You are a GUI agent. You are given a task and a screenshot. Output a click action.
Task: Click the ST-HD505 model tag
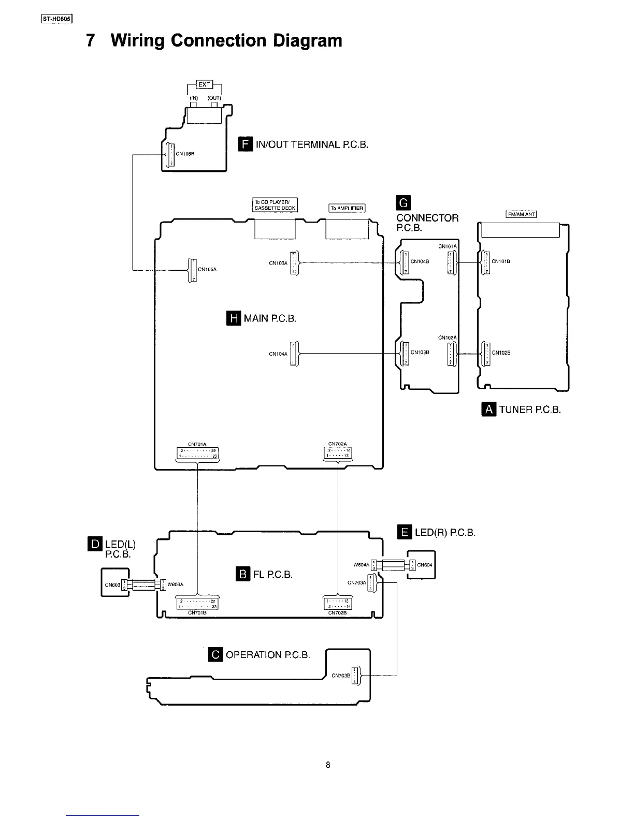tap(57, 21)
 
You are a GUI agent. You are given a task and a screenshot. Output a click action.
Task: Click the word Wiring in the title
tap(137, 40)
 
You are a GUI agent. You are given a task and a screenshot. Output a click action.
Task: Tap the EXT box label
tap(205, 85)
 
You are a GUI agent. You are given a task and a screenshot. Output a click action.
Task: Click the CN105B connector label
tap(185, 154)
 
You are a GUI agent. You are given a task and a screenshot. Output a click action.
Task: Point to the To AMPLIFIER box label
tap(347, 208)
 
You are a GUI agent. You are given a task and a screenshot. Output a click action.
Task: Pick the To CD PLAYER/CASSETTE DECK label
tap(275, 205)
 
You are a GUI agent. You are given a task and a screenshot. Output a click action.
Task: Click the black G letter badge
tap(402, 202)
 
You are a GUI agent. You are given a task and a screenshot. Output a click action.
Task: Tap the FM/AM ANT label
tap(521, 214)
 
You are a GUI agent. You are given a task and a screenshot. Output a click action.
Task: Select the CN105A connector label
tap(207, 269)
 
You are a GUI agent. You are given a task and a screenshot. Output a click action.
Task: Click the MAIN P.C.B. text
tap(270, 318)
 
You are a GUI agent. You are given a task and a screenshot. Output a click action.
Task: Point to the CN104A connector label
tap(278, 354)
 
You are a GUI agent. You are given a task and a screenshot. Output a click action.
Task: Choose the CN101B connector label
tap(501, 261)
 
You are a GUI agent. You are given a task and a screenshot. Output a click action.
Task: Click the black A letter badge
tap(488, 409)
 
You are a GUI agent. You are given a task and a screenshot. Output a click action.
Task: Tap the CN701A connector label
tap(197, 444)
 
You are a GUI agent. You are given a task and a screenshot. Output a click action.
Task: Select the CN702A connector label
tap(338, 444)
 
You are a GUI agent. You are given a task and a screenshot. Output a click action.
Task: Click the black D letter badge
tap(95, 544)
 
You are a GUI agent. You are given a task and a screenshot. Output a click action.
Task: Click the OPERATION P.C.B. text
tap(268, 655)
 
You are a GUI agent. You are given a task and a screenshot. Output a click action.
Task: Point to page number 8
tap(328, 765)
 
